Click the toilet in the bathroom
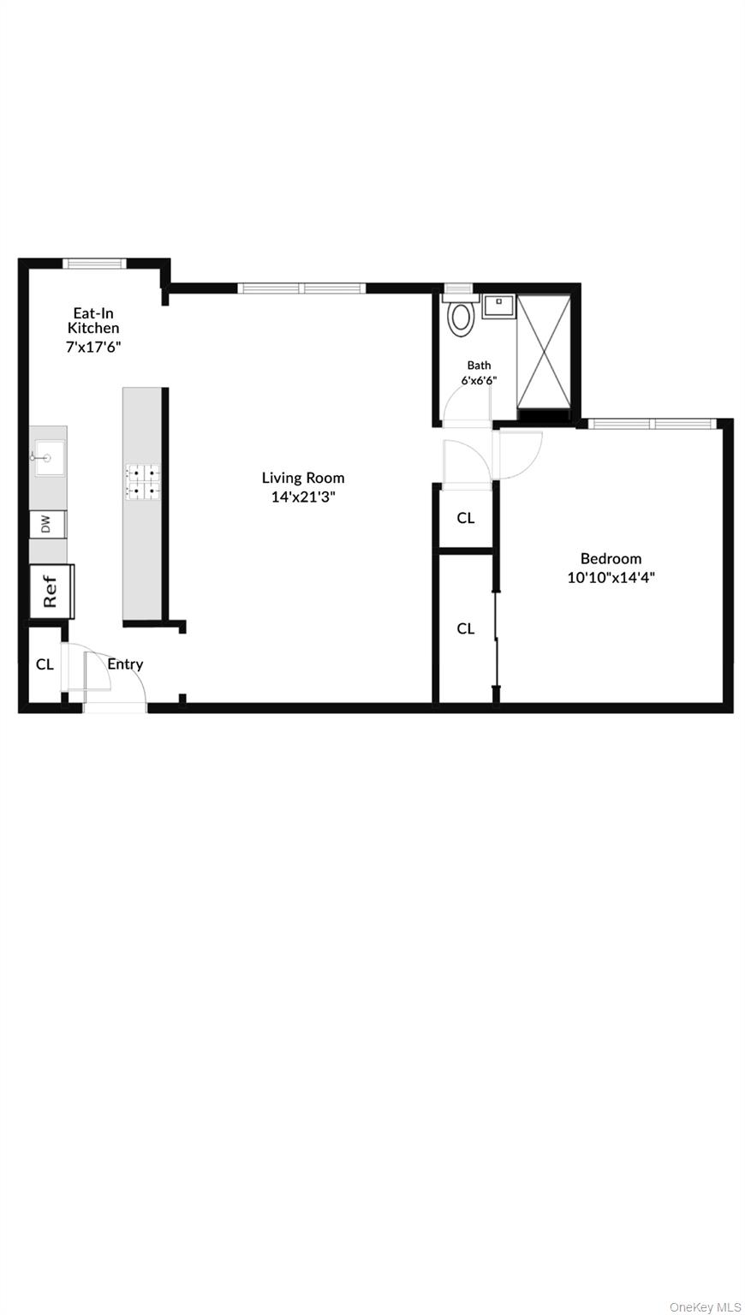coord(462,315)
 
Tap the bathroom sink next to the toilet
coord(498,306)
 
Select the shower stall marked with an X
coord(543,352)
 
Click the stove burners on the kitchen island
coord(143,481)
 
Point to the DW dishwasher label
coord(47,524)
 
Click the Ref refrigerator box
coord(51,590)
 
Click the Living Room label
coord(303,478)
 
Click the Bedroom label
coord(611,559)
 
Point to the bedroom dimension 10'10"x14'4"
coord(611,577)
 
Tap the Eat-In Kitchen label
coord(93,320)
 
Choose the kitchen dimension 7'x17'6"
coord(94,347)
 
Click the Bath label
coord(479,365)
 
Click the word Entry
coord(125,663)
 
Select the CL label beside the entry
coord(45,663)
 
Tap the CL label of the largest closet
coord(465,628)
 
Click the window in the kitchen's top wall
coord(96,263)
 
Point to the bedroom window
coord(651,423)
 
